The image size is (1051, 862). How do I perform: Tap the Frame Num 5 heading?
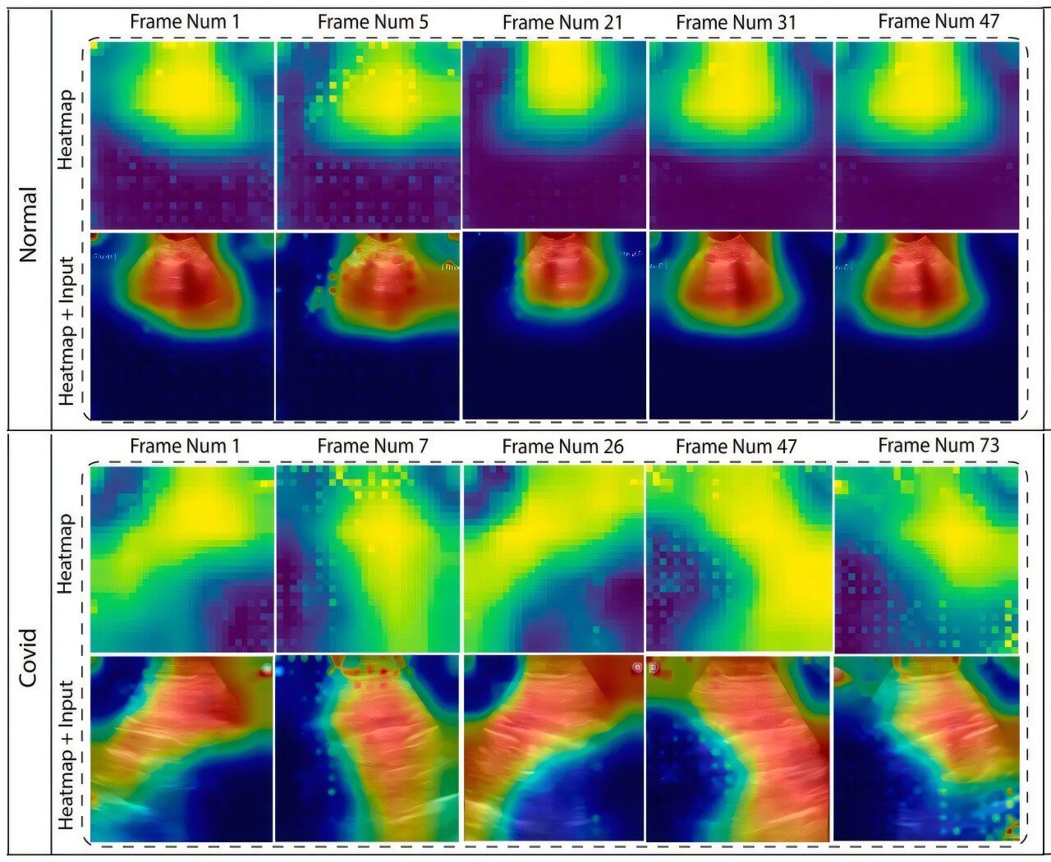coord(373,22)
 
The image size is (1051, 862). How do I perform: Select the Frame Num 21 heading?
coord(562,23)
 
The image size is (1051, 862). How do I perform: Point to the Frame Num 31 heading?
coord(737,23)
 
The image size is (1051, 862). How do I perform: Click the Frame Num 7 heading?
coord(373,446)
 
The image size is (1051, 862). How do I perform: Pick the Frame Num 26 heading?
coord(562,447)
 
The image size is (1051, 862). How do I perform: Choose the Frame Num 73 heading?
coord(939,445)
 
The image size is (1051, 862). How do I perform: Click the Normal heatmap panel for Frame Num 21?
coord(554,135)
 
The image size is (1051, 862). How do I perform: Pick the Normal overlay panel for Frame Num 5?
coord(368,327)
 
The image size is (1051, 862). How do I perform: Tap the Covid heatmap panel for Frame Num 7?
coord(368,559)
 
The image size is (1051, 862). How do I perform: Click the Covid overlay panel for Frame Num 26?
coord(554,749)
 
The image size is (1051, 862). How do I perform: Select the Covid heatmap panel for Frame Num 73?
coord(926,559)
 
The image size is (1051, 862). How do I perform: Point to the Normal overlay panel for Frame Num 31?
coord(741,327)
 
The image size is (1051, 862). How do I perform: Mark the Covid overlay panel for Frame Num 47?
coord(741,749)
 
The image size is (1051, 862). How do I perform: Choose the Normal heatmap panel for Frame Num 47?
coord(926,135)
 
